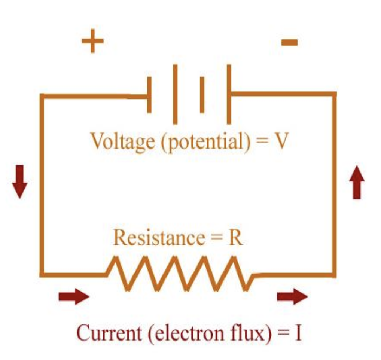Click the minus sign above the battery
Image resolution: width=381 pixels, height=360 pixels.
pos(290,42)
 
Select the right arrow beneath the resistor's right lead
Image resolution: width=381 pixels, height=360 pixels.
pos(292,297)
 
